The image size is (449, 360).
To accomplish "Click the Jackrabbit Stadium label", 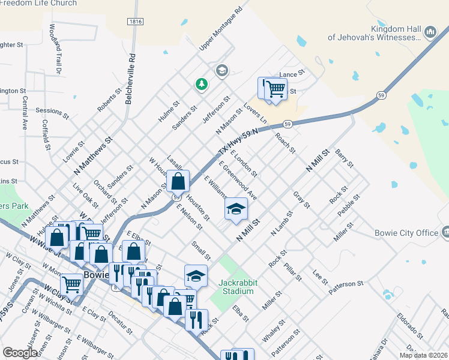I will (236, 286).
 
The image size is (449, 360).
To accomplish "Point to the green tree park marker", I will (202, 85).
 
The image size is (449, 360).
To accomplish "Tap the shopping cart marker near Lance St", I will (275, 89).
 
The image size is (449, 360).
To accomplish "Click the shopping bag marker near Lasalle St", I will (178, 181).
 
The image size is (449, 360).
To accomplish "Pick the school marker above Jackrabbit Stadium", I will (196, 275).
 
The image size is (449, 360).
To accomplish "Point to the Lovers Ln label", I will (255, 112).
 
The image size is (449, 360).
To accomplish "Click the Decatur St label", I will (121, 322).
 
